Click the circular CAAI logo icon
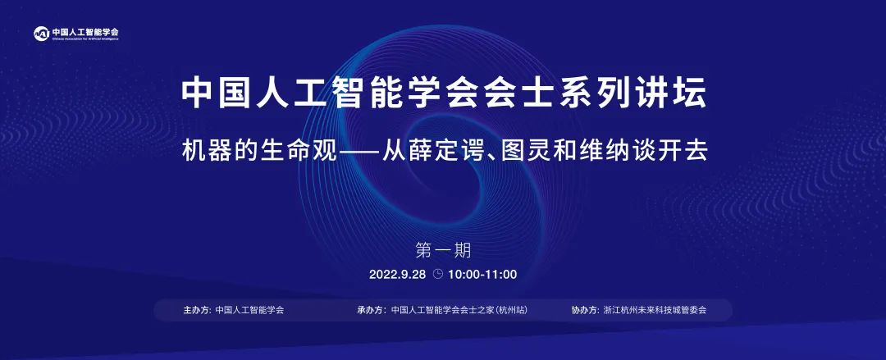(x=41, y=34)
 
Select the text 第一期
(x=443, y=250)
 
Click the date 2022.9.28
(x=398, y=275)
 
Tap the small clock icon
(x=438, y=274)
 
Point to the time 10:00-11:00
(x=482, y=275)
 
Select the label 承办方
(x=370, y=310)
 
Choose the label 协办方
(x=584, y=310)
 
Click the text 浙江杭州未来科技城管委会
(x=655, y=310)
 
